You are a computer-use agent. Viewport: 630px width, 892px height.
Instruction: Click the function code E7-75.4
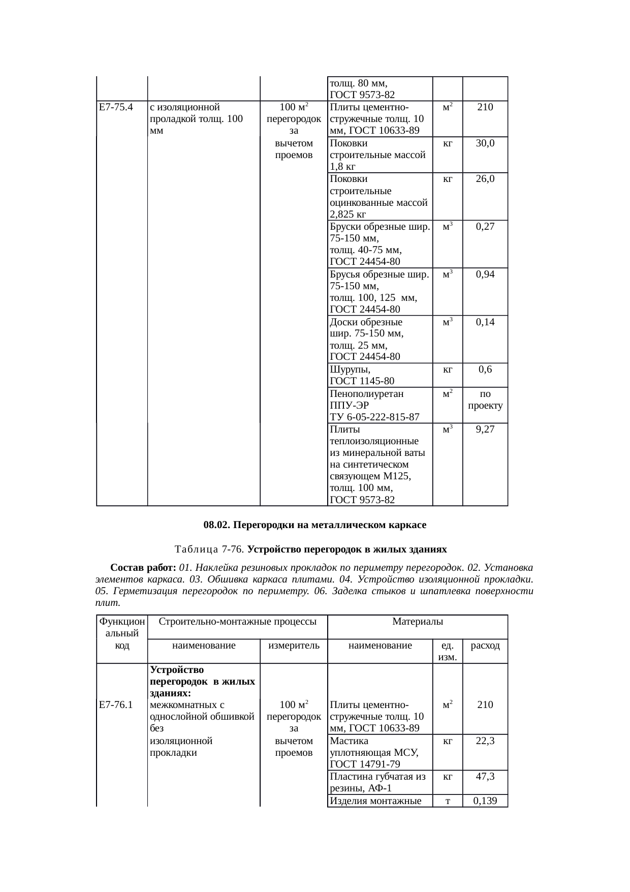click(x=116, y=107)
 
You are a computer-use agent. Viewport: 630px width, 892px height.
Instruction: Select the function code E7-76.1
click(x=116, y=704)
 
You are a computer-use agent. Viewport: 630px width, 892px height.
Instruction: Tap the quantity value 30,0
click(x=485, y=143)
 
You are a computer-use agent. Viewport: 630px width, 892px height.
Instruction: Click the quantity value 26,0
click(x=485, y=179)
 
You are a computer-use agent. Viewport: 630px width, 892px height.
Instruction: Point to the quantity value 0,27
click(x=485, y=227)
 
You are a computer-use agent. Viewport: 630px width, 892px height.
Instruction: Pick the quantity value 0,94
click(x=485, y=274)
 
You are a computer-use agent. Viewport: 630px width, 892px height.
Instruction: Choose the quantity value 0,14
click(x=485, y=322)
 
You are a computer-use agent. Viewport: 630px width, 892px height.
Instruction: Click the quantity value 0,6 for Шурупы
click(x=485, y=370)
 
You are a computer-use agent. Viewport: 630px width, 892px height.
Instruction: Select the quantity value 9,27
click(x=485, y=429)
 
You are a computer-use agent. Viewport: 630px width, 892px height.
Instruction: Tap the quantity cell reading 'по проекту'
click(x=485, y=399)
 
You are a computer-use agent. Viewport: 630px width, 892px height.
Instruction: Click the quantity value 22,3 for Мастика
click(x=485, y=741)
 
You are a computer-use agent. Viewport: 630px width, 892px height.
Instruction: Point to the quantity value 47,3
click(x=485, y=776)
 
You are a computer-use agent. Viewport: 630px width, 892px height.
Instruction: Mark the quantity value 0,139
click(x=485, y=801)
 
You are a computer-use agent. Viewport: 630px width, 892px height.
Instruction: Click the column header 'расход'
click(x=485, y=645)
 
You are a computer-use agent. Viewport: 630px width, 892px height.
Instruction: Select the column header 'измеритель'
click(x=294, y=645)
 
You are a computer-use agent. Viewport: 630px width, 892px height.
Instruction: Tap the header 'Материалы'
click(x=418, y=621)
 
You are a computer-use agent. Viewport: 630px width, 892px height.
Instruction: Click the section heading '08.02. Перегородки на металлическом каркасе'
click(x=315, y=524)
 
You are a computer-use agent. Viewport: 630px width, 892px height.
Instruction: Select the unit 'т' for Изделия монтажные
click(x=447, y=801)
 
